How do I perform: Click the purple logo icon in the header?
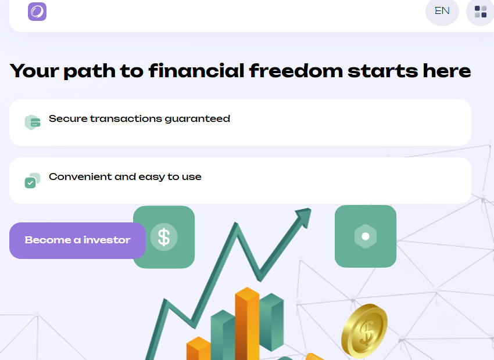click(37, 12)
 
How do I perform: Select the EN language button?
click(442, 10)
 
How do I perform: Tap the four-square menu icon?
click(481, 12)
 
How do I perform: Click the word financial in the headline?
click(196, 70)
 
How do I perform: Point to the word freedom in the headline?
click(296, 70)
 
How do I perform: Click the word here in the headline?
click(447, 70)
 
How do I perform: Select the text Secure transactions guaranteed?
click(139, 118)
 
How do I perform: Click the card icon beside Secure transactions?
click(33, 123)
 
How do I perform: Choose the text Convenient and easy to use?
click(125, 177)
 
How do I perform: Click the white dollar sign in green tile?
click(164, 237)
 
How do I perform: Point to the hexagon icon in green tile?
click(366, 236)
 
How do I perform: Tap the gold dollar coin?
click(364, 330)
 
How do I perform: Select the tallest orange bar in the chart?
click(247, 324)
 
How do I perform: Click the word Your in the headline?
click(34, 70)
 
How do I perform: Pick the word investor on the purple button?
click(107, 240)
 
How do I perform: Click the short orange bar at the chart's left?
click(199, 348)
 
